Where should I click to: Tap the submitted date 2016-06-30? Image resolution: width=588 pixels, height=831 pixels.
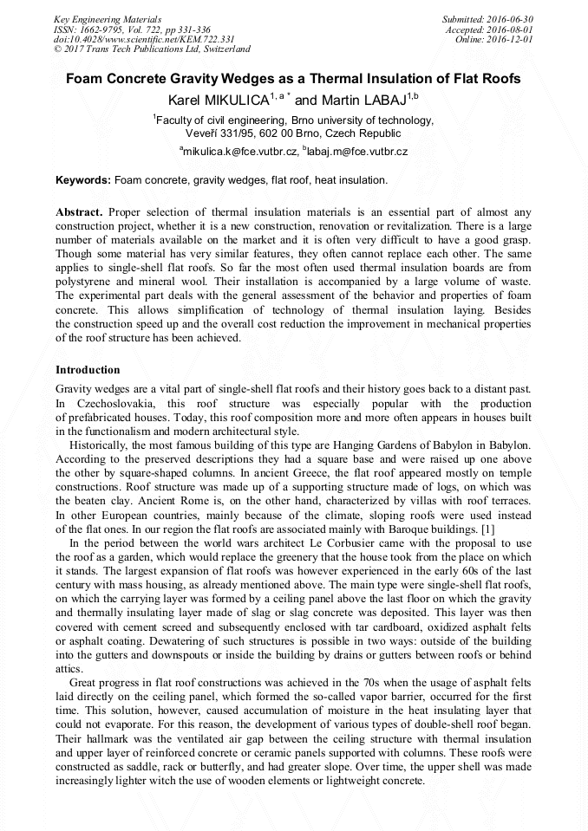point(511,19)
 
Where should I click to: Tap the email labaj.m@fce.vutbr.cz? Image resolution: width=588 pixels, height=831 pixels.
point(357,151)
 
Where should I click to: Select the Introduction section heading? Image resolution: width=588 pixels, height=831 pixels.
point(88,370)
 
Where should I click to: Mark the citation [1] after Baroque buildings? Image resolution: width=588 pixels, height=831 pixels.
point(487,528)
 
